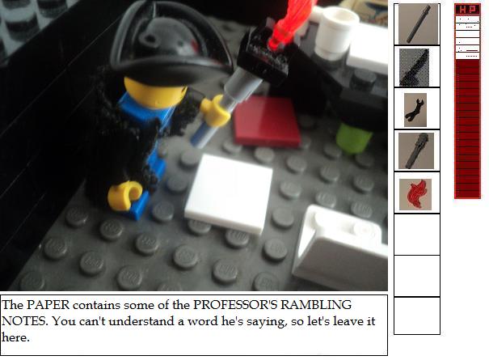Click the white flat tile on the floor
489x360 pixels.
[230, 192]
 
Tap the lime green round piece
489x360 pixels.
[355, 138]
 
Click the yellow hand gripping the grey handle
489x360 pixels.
[215, 111]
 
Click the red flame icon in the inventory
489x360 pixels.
[416, 194]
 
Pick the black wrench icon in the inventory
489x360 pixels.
[415, 109]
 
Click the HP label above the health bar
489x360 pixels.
[467, 10]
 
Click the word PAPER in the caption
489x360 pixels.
[47, 305]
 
